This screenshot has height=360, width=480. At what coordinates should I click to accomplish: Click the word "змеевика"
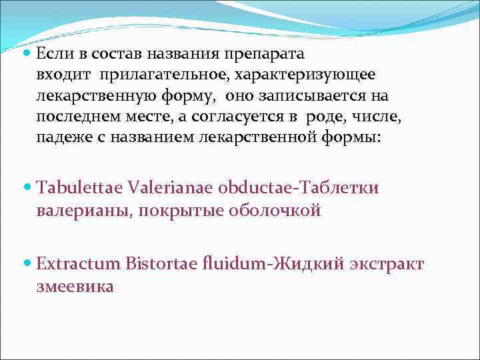click(x=75, y=287)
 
